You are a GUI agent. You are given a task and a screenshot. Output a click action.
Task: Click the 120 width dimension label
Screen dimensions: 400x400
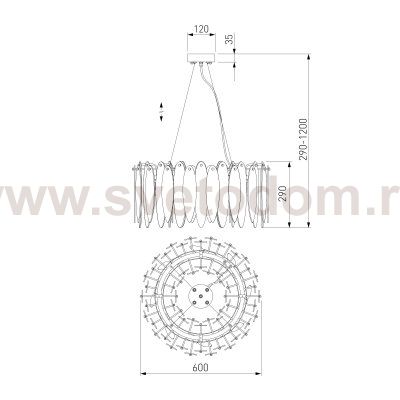tap(201, 29)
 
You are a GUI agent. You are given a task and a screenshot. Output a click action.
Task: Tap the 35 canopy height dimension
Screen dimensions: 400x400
tap(231, 39)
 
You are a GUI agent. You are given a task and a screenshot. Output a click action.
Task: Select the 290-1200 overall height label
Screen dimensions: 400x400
tap(303, 139)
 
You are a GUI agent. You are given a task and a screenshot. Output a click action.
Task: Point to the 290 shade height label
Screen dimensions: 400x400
tap(283, 194)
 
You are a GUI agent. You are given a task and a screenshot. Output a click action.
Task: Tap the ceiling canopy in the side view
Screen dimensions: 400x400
tap(201, 58)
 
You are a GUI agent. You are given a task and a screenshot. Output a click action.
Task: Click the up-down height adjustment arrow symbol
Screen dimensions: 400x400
tap(161, 112)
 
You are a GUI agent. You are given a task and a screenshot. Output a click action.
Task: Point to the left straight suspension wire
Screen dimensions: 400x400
tap(182, 112)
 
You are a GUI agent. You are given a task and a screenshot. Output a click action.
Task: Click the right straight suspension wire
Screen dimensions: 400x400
tap(218, 112)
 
